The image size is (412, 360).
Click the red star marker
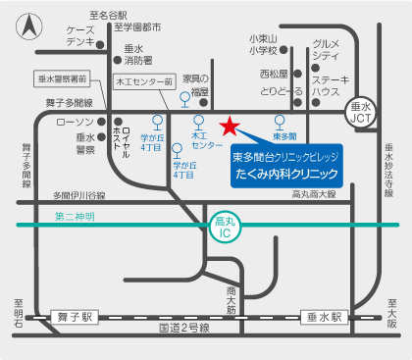[229, 126]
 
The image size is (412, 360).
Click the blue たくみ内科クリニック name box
[284, 164]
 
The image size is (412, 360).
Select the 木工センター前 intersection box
[143, 81]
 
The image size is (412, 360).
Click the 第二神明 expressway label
[76, 216]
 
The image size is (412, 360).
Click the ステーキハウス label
[326, 82]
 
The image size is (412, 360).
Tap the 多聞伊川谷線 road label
[85, 194]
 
